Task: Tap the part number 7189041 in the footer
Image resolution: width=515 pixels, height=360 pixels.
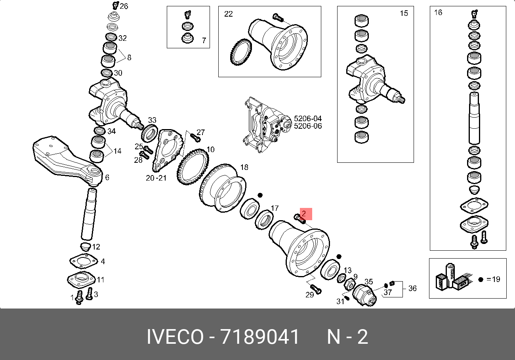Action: click(x=259, y=337)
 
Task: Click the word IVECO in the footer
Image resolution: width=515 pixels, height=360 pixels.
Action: click(x=175, y=337)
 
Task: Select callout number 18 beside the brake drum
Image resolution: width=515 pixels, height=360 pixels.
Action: click(x=244, y=167)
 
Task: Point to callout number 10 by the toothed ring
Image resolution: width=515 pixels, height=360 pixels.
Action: click(x=210, y=149)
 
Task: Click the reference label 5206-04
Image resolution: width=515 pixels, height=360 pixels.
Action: click(x=308, y=118)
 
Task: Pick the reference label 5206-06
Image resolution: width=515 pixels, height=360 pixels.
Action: click(x=308, y=126)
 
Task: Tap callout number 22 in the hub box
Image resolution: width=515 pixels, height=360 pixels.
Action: click(x=228, y=14)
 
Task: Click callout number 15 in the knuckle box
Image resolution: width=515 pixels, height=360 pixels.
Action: click(x=404, y=13)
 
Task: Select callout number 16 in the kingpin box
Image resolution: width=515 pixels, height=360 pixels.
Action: click(x=438, y=12)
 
